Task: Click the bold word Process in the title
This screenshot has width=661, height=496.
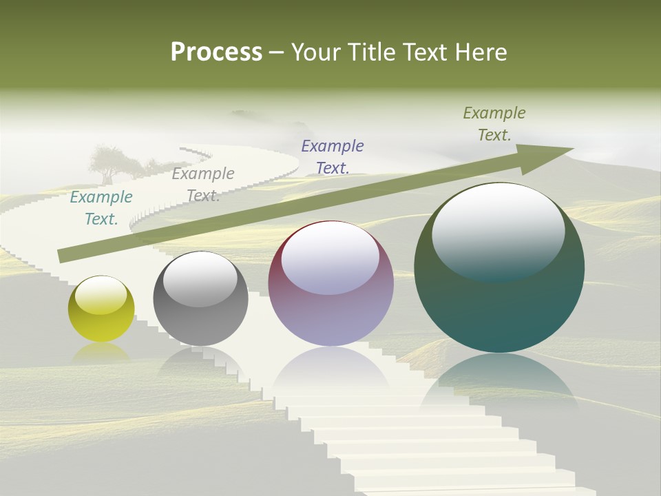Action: click(216, 52)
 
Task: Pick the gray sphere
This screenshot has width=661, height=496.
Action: click(200, 299)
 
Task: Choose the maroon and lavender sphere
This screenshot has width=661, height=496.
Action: click(330, 283)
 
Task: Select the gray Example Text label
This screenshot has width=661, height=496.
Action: click(203, 185)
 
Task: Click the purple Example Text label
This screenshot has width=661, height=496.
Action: click(333, 156)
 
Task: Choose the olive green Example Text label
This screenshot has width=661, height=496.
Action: click(494, 124)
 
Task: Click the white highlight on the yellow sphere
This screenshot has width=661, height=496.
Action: click(101, 296)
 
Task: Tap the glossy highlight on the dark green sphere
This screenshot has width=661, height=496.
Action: click(499, 230)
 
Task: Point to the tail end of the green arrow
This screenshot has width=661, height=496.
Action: click(63, 256)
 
